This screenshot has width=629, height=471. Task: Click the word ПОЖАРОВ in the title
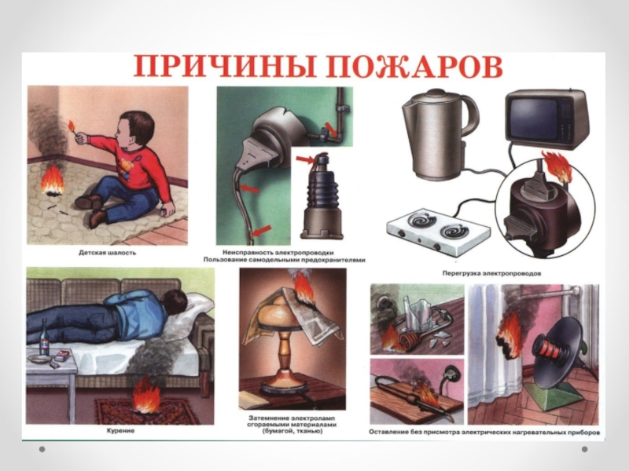coord(414,67)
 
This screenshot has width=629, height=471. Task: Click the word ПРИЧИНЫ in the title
coord(224,67)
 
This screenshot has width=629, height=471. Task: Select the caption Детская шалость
coord(107,253)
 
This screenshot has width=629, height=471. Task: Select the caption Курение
coord(120,431)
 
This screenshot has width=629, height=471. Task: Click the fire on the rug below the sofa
coord(145,397)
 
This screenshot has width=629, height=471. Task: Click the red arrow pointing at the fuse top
coord(306,160)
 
